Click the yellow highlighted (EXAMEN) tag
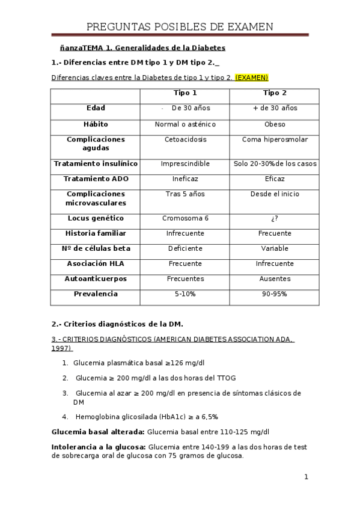[x=251, y=78]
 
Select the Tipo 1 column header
[x=185, y=93]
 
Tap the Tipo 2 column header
[x=275, y=93]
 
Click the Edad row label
[x=96, y=108]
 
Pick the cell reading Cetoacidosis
[x=185, y=140]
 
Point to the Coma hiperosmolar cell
[x=275, y=140]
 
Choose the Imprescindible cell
[x=185, y=164]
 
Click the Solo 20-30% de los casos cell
[x=275, y=164]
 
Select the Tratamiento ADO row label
[x=96, y=179]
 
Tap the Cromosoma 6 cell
[x=185, y=218]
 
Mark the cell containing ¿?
[x=275, y=218]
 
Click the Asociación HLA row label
[x=96, y=264]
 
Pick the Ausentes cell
[x=275, y=279]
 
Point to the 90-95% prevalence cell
[x=275, y=295]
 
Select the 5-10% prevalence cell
[x=185, y=295]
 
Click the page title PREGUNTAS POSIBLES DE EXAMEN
[x=180, y=27]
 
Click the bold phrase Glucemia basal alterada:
[x=98, y=432]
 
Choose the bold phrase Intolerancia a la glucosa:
[x=99, y=447]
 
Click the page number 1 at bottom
[x=306, y=478]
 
